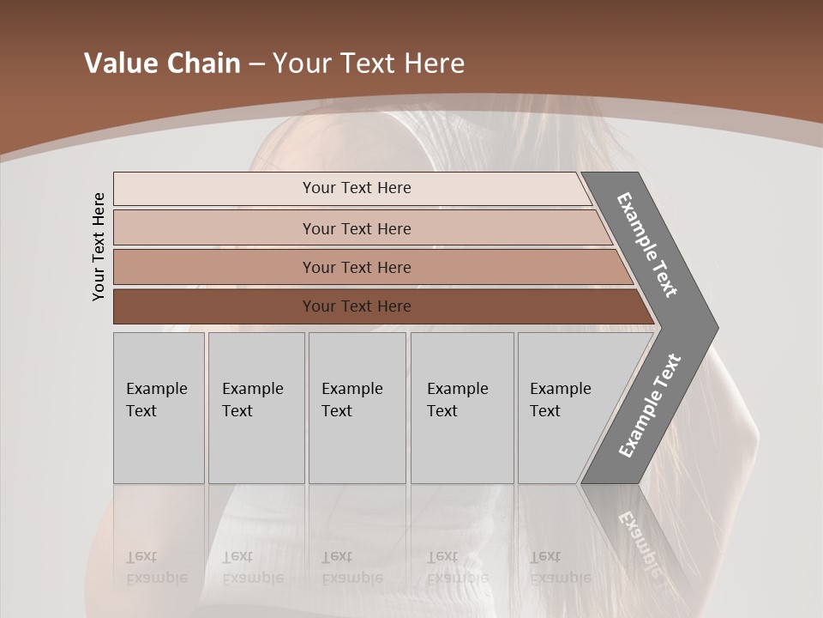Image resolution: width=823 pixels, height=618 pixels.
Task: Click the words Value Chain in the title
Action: coord(162,64)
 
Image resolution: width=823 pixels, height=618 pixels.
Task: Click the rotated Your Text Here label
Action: coord(99,246)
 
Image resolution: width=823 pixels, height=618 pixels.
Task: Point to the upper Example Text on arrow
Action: coord(647,245)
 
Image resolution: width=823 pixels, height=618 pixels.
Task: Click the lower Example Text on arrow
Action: coord(649,406)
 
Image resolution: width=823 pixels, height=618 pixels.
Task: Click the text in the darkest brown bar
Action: coord(357,306)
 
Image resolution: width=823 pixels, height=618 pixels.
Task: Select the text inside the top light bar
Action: coord(357,188)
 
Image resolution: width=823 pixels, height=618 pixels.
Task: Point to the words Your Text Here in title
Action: coord(369,64)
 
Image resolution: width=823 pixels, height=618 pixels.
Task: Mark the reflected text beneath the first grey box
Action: coord(156,567)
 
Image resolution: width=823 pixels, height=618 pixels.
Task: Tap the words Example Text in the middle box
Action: coord(351,399)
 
